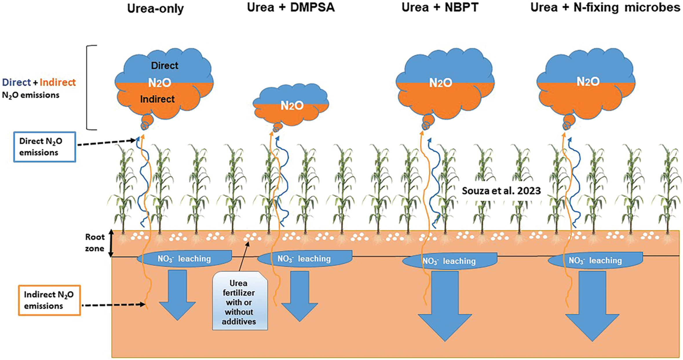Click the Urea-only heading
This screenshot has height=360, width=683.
pyautogui.click(x=155, y=9)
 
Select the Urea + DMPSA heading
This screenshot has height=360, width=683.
pyautogui.click(x=291, y=8)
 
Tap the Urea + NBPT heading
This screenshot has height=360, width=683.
pyautogui.click(x=440, y=8)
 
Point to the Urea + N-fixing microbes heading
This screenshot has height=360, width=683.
pyautogui.click(x=605, y=8)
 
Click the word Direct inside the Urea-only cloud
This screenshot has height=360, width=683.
pyautogui.click(x=165, y=66)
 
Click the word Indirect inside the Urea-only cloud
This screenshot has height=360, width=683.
pyautogui.click(x=157, y=99)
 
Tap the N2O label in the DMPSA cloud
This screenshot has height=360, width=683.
pyautogui.click(x=292, y=106)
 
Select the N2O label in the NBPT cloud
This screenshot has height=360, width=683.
pyautogui.click(x=440, y=83)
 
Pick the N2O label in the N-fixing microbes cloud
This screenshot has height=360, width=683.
pyautogui.click(x=588, y=82)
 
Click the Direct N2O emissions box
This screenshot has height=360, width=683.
pyautogui.click(x=45, y=147)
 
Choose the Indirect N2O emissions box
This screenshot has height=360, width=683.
pyautogui.click(x=49, y=300)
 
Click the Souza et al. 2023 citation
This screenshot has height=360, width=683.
pyautogui.click(x=501, y=191)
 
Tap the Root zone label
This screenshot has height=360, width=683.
pyautogui.click(x=94, y=243)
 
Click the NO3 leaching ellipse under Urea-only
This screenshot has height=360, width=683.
pyautogui.click(x=184, y=259)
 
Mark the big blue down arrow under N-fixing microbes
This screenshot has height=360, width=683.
pyautogui.click(x=592, y=304)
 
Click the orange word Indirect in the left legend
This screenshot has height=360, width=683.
pyautogui.click(x=58, y=83)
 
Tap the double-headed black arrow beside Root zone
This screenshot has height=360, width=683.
pyautogui.click(x=111, y=243)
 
